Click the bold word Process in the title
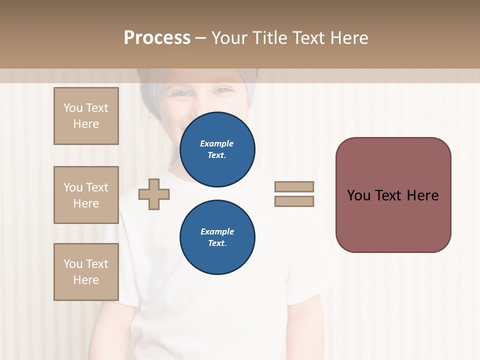[x=157, y=38]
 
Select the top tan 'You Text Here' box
[x=86, y=116]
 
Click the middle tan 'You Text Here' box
[x=86, y=195]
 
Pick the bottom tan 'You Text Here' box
[x=86, y=272]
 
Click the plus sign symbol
[x=154, y=194]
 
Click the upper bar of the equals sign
[x=294, y=186]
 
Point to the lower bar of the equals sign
[x=294, y=201]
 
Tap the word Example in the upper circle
[x=216, y=143]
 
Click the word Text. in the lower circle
[x=217, y=243]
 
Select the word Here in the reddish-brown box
[x=422, y=195]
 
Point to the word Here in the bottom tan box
[x=86, y=280]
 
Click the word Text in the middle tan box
[x=96, y=187]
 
